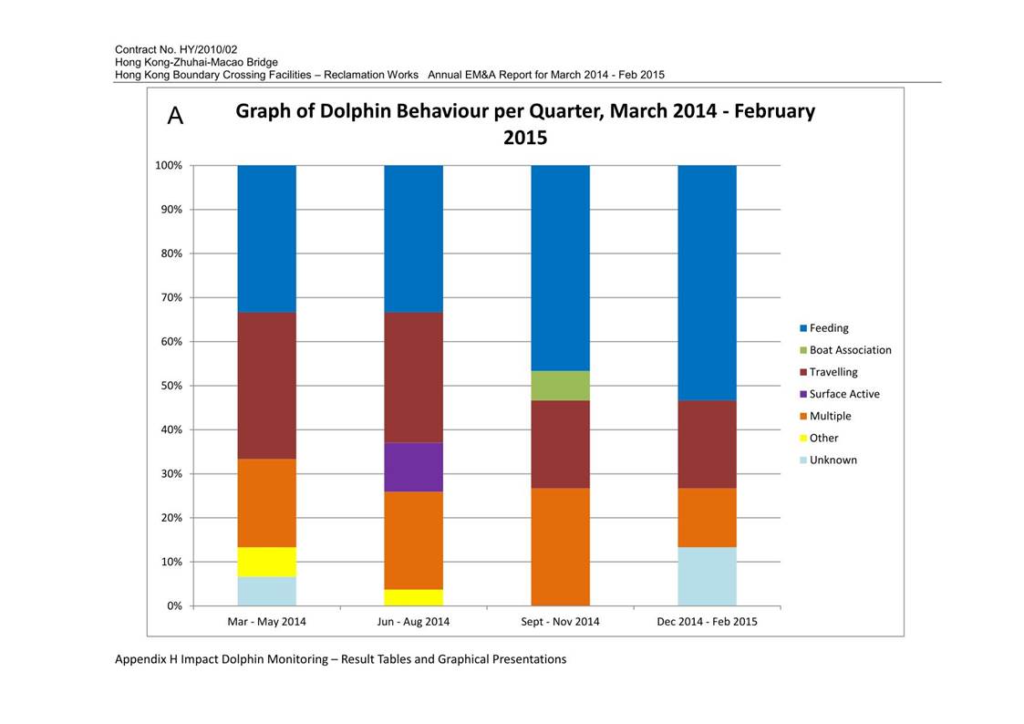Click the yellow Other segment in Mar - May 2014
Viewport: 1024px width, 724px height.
coord(266,562)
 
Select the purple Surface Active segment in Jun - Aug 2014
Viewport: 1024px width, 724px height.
coord(413,468)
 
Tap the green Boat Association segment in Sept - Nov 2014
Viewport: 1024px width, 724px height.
coord(560,386)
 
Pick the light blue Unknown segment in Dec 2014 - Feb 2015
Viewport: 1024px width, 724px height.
coord(708,576)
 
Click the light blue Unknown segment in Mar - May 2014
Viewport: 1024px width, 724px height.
coord(266,592)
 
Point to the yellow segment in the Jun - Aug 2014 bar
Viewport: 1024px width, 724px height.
coord(413,598)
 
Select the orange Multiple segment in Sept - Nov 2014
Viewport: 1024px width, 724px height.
coord(560,547)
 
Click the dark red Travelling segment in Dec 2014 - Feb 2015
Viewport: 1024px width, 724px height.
coord(708,445)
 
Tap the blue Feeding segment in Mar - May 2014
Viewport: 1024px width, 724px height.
coord(266,239)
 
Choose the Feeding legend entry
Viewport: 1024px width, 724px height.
coord(824,328)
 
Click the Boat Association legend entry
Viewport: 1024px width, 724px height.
coord(845,350)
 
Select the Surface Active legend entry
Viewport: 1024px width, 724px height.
coord(839,394)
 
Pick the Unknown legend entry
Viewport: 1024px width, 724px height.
coord(828,460)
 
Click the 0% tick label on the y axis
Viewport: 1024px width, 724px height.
coord(174,605)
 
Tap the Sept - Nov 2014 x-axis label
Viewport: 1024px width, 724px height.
coord(560,622)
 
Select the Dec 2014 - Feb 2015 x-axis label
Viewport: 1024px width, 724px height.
coord(708,622)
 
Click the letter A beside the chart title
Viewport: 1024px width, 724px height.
coord(176,116)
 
